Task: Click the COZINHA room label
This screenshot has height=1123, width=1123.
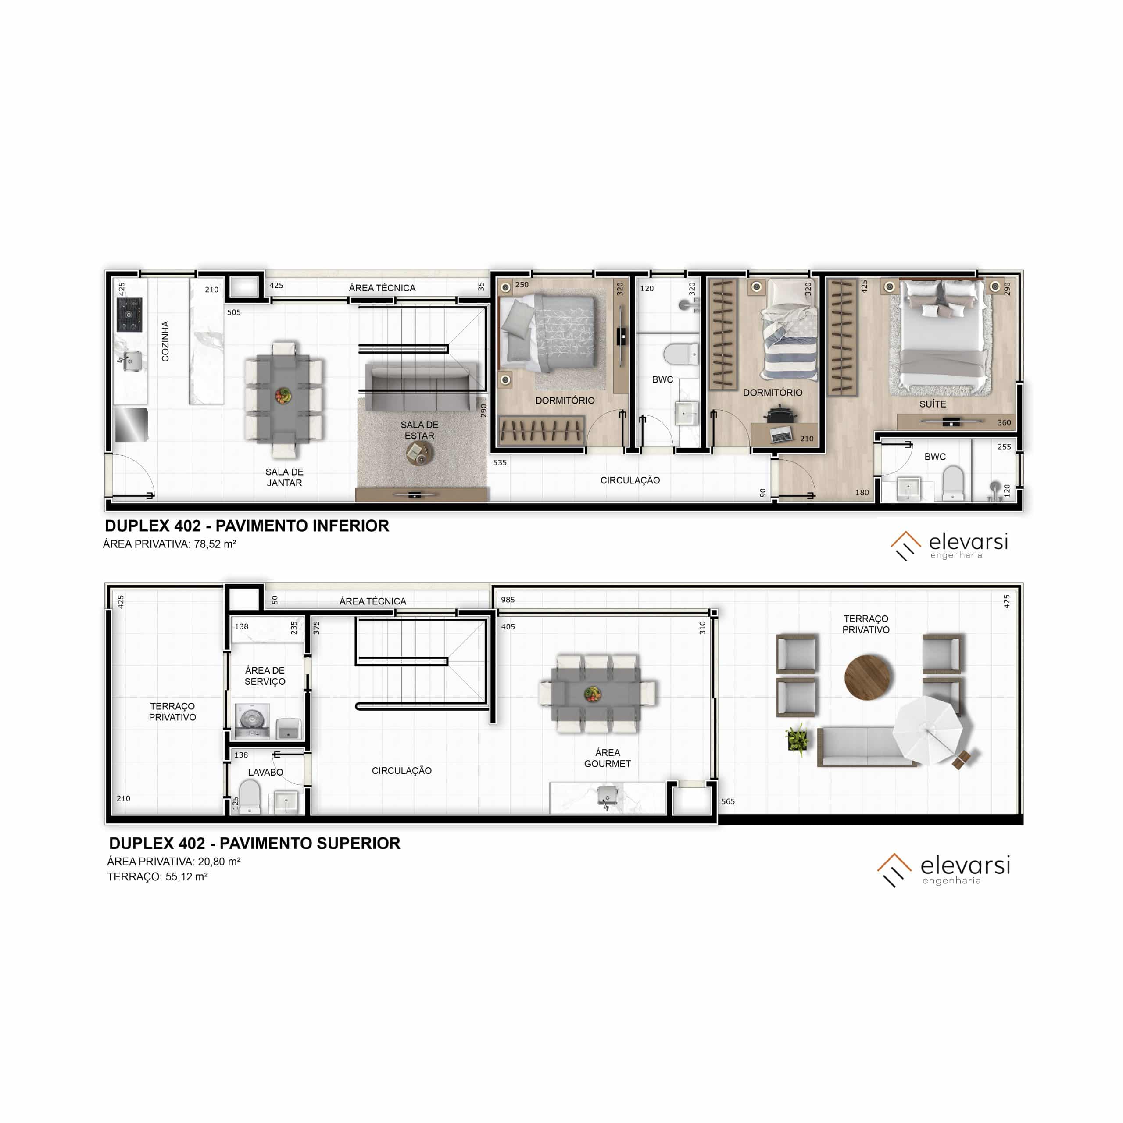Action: [x=165, y=341]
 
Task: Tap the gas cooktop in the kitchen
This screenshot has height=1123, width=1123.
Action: [x=129, y=315]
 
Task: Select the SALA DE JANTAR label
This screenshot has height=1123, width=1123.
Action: [x=284, y=477]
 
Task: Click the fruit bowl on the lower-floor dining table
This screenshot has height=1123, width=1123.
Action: [x=283, y=396]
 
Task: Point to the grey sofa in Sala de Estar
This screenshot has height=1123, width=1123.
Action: [x=420, y=386]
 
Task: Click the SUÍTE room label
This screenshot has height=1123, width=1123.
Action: [x=932, y=404]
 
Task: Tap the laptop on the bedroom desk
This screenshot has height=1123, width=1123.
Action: [x=781, y=433]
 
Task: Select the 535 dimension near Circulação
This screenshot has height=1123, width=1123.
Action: [x=499, y=463]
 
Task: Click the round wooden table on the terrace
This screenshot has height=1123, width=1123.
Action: [x=867, y=677]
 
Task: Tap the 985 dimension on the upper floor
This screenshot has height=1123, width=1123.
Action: [x=508, y=599]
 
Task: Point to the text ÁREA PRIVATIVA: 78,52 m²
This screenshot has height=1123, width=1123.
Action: [x=169, y=544]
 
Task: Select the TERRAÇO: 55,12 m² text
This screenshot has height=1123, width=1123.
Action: [x=157, y=876]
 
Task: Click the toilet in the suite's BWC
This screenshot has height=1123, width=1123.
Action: [x=952, y=483]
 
